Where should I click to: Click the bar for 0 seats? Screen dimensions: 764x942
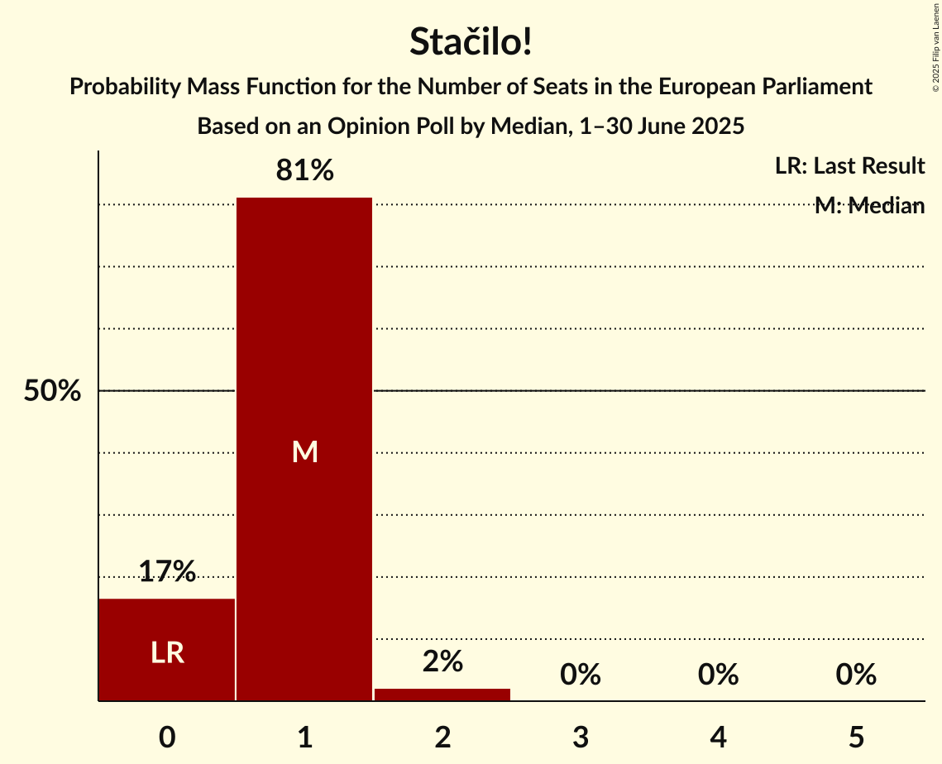tap(167, 628)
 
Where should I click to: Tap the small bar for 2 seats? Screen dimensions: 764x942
tap(442, 695)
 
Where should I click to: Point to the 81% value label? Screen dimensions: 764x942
tap(304, 171)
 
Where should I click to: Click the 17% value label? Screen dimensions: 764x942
tap(167, 571)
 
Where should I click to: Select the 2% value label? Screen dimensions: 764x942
tap(442, 661)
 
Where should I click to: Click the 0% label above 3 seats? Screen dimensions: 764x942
tap(580, 675)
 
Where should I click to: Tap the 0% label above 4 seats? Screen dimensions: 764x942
tap(718, 675)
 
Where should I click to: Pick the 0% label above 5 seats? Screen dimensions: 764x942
tap(855, 675)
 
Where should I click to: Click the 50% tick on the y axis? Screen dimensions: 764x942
tap(52, 391)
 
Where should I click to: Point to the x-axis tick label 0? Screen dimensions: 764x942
tap(167, 737)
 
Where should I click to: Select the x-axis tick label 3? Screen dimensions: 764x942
tap(580, 737)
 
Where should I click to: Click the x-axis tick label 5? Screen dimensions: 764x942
tap(855, 737)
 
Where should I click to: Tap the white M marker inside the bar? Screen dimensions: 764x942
tap(304, 451)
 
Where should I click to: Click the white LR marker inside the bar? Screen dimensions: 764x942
tap(167, 653)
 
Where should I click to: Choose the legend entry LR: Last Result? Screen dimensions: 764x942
tap(849, 166)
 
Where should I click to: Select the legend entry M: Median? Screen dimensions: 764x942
tap(869, 206)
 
